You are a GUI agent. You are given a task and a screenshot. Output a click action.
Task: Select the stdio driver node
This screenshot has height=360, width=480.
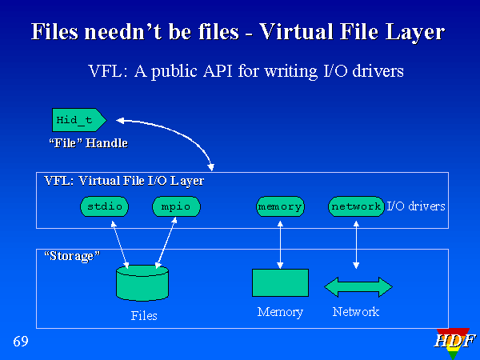105,206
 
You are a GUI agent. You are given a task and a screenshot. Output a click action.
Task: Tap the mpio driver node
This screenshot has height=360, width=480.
175,206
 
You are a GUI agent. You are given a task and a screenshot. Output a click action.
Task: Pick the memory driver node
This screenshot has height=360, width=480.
280,206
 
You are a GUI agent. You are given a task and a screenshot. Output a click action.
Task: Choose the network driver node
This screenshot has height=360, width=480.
356,206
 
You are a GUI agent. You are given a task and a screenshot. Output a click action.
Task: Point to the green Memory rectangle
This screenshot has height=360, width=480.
280,282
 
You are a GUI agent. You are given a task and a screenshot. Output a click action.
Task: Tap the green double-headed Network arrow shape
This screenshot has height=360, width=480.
358,286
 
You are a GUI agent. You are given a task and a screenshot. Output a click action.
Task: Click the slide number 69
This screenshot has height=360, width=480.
21,342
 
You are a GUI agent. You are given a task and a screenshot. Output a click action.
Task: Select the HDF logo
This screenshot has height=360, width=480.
454,342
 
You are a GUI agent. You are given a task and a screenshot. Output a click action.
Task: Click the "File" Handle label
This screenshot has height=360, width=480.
88,143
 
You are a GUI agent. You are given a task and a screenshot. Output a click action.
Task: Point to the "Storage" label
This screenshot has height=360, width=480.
72,256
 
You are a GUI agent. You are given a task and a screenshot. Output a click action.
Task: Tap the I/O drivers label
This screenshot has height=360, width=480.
416,206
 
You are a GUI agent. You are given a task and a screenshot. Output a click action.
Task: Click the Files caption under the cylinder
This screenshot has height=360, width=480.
144,315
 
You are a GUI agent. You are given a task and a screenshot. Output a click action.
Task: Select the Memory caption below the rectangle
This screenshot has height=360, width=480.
280,312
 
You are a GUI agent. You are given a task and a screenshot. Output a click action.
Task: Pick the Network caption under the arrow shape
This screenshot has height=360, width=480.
356,312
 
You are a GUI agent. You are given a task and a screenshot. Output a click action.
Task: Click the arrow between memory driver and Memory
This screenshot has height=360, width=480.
280,242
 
